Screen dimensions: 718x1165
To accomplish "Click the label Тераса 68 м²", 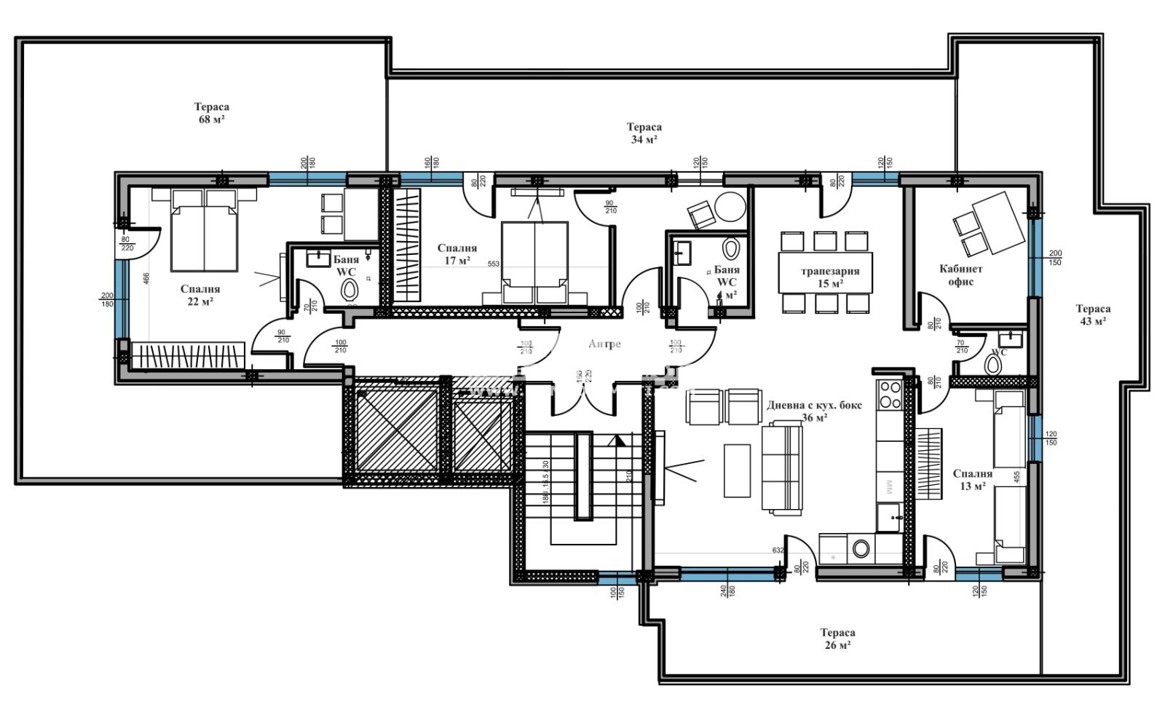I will [x=211, y=113].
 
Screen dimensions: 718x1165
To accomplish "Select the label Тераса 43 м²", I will [x=1092, y=315].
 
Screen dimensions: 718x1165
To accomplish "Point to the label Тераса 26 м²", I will [x=837, y=639].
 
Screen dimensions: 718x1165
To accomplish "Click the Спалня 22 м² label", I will [x=200, y=295].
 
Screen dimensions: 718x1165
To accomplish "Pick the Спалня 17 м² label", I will [x=457, y=254].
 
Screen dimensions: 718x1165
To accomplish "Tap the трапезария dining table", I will [x=825, y=272].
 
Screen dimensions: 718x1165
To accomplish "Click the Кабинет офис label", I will [x=960, y=275].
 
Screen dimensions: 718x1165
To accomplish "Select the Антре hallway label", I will [x=604, y=344].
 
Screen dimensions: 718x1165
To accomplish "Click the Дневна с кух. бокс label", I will [x=814, y=411].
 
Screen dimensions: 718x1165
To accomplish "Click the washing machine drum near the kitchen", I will [x=861, y=548].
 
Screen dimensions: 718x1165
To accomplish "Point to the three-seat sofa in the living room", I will [x=781, y=468].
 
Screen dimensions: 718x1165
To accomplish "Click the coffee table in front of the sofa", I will [x=737, y=470].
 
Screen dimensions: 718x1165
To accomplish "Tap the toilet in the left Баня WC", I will [x=349, y=291].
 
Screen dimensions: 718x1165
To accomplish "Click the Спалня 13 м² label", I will [x=972, y=480].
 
